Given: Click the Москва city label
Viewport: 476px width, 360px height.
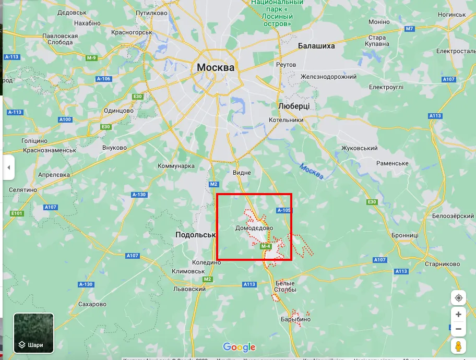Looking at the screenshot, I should click(216, 67).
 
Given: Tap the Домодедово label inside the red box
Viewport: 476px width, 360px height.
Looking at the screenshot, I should click(254, 228).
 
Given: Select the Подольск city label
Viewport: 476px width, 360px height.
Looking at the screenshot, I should click(196, 235).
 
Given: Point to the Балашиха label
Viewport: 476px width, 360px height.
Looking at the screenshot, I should click(316, 46).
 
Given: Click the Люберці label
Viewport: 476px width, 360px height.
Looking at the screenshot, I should click(294, 106).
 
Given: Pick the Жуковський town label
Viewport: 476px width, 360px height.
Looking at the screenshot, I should click(359, 148).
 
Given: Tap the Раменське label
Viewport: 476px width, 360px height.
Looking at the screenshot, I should click(392, 163).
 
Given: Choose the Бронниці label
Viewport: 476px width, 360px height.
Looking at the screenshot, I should click(405, 235).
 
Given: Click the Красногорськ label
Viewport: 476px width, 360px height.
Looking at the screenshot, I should click(132, 32).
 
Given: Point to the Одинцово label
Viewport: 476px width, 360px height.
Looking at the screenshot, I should click(119, 110).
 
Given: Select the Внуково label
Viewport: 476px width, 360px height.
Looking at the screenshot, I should click(115, 148).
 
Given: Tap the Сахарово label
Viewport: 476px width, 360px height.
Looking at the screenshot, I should click(92, 304).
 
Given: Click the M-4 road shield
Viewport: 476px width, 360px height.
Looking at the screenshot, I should click(265, 246).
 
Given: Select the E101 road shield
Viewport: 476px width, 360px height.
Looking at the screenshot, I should click(17, 213).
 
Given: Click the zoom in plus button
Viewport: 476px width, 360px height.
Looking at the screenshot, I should click(458, 315).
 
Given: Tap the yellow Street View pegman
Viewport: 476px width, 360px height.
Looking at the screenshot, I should click(458, 346).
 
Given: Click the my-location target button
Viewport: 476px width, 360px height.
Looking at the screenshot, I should click(458, 297).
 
